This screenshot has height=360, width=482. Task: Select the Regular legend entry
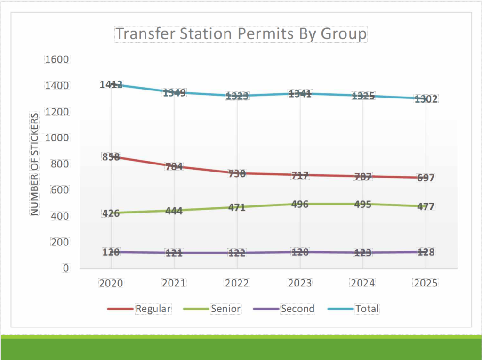(153, 309)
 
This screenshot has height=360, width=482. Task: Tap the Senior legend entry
(225, 309)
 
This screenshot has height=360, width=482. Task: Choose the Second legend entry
(297, 309)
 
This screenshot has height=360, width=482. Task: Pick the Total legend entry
(367, 309)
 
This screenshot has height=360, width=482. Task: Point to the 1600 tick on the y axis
(57, 59)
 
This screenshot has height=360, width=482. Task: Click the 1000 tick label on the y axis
(57, 138)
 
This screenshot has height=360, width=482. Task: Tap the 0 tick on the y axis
(65, 268)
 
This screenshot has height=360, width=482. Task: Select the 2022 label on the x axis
(237, 283)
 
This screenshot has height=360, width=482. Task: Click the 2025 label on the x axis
(426, 283)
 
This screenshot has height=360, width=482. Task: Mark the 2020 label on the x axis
(111, 283)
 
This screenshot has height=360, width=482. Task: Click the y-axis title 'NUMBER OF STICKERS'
(35, 164)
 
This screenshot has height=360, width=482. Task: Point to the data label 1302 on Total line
(426, 99)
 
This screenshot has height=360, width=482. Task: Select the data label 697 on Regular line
(426, 178)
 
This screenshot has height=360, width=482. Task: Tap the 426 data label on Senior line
(111, 213)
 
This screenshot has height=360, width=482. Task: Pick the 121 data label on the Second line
(174, 254)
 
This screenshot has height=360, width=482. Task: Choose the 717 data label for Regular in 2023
(300, 176)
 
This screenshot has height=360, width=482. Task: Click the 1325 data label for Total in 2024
(363, 97)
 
